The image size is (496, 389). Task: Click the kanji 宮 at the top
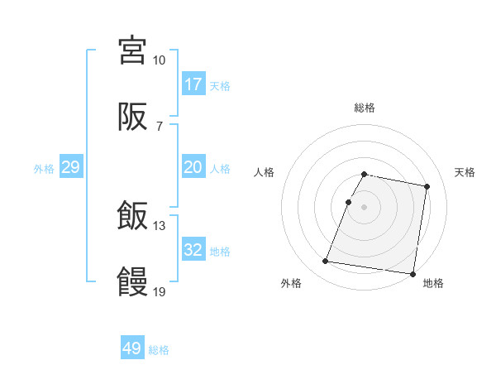[132, 50]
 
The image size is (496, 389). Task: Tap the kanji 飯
[132, 218]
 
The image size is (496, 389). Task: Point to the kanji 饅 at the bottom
[132, 282]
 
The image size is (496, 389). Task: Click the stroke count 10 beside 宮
[159, 60]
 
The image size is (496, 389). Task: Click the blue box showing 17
[193, 84]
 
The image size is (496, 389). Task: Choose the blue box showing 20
[193, 167]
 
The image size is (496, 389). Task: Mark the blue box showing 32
[193, 250]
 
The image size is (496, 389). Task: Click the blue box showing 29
[71, 167]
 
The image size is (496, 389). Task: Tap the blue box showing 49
[132, 348]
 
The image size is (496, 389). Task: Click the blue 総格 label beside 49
[160, 350]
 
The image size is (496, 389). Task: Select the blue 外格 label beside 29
[44, 168]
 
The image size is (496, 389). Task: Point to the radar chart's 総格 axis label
[365, 108]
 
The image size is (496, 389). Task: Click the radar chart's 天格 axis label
[465, 172]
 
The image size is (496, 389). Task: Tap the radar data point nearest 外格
[326, 262]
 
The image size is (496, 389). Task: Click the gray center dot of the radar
[365, 205]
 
